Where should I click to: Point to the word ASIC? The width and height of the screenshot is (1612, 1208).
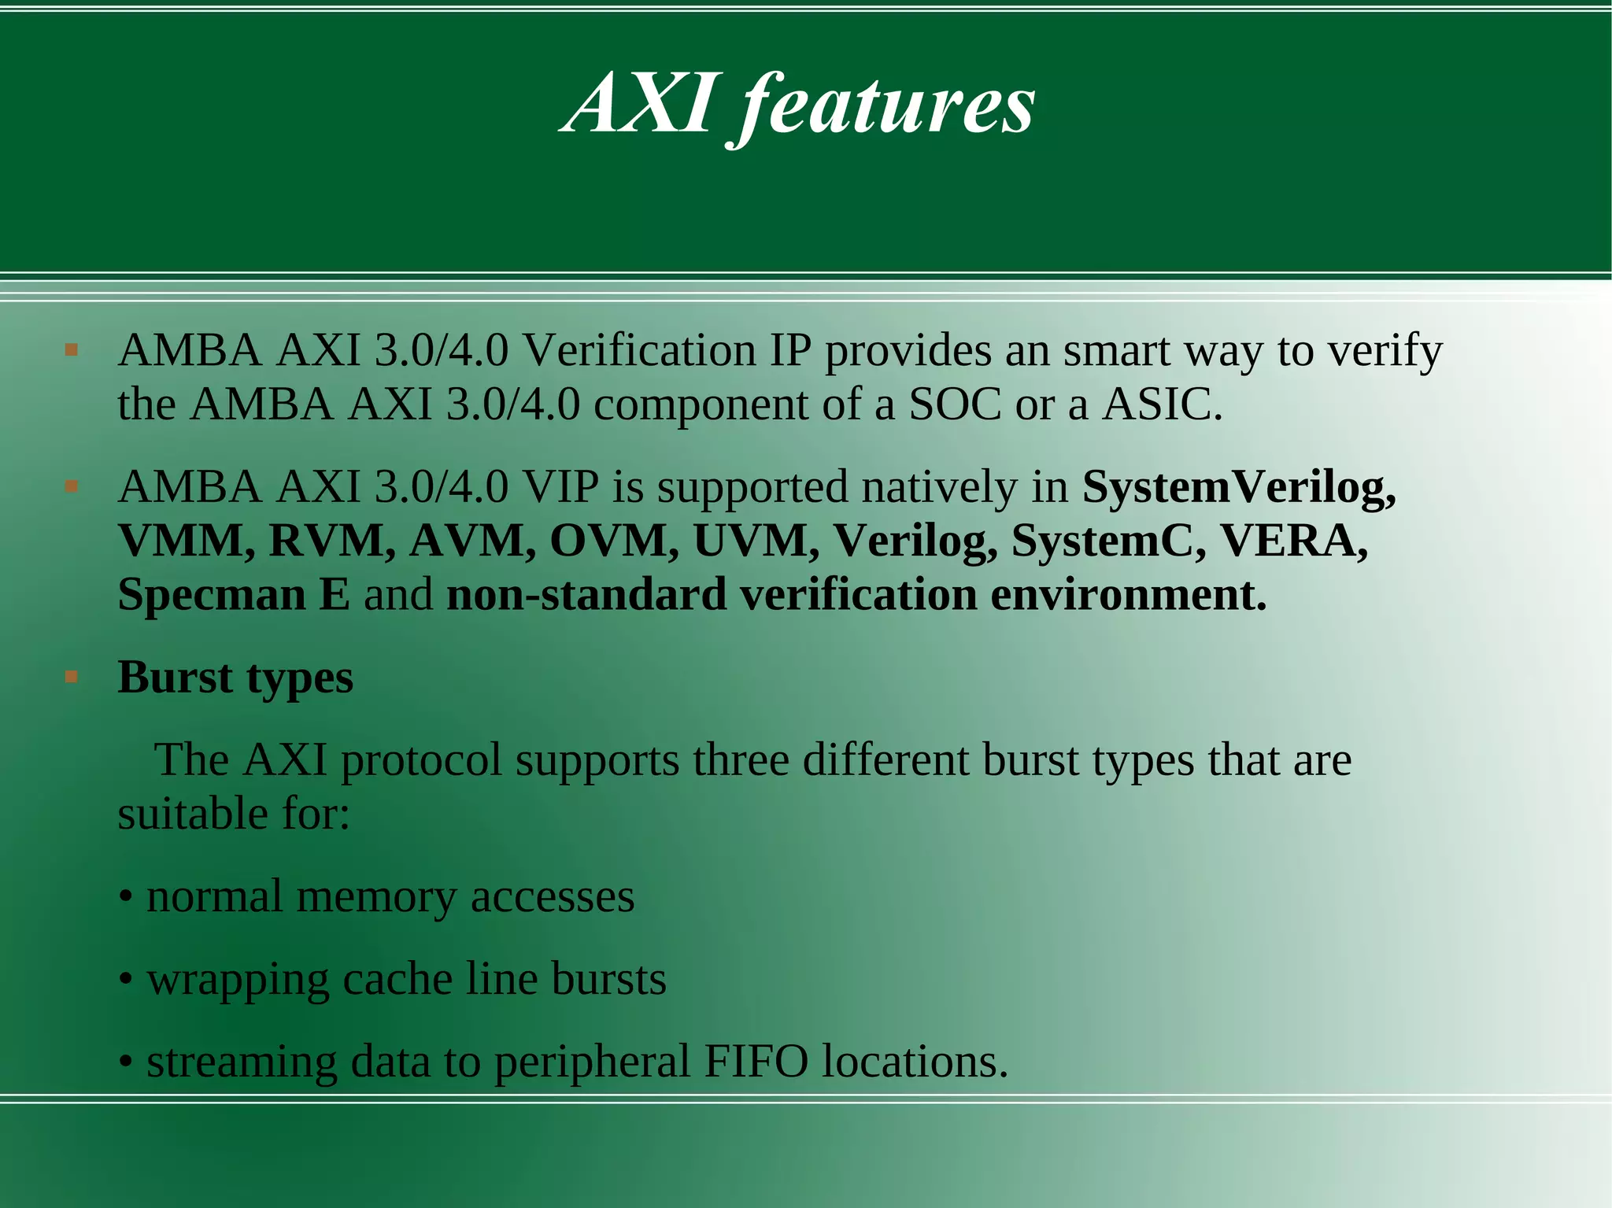coord(1162,405)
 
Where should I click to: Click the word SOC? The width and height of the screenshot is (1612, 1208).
coord(955,405)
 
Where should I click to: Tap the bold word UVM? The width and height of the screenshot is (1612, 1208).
coord(756,541)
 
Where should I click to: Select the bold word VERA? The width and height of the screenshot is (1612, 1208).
coord(1294,541)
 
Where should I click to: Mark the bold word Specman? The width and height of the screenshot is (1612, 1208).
coord(211,595)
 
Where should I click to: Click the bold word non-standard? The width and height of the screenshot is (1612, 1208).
coord(586,595)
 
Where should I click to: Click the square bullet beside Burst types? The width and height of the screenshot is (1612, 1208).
coord(72,676)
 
